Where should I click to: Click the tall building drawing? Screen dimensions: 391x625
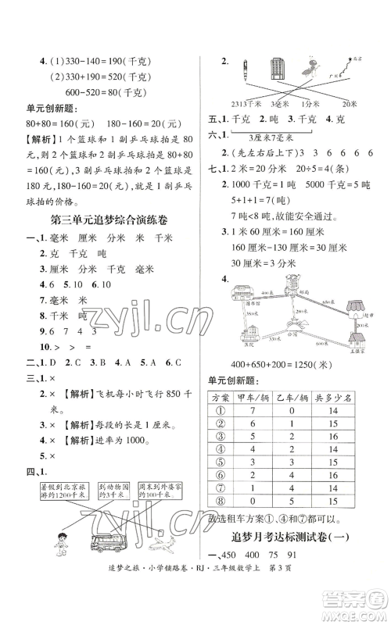pyautogui.click(x=278, y=74)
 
